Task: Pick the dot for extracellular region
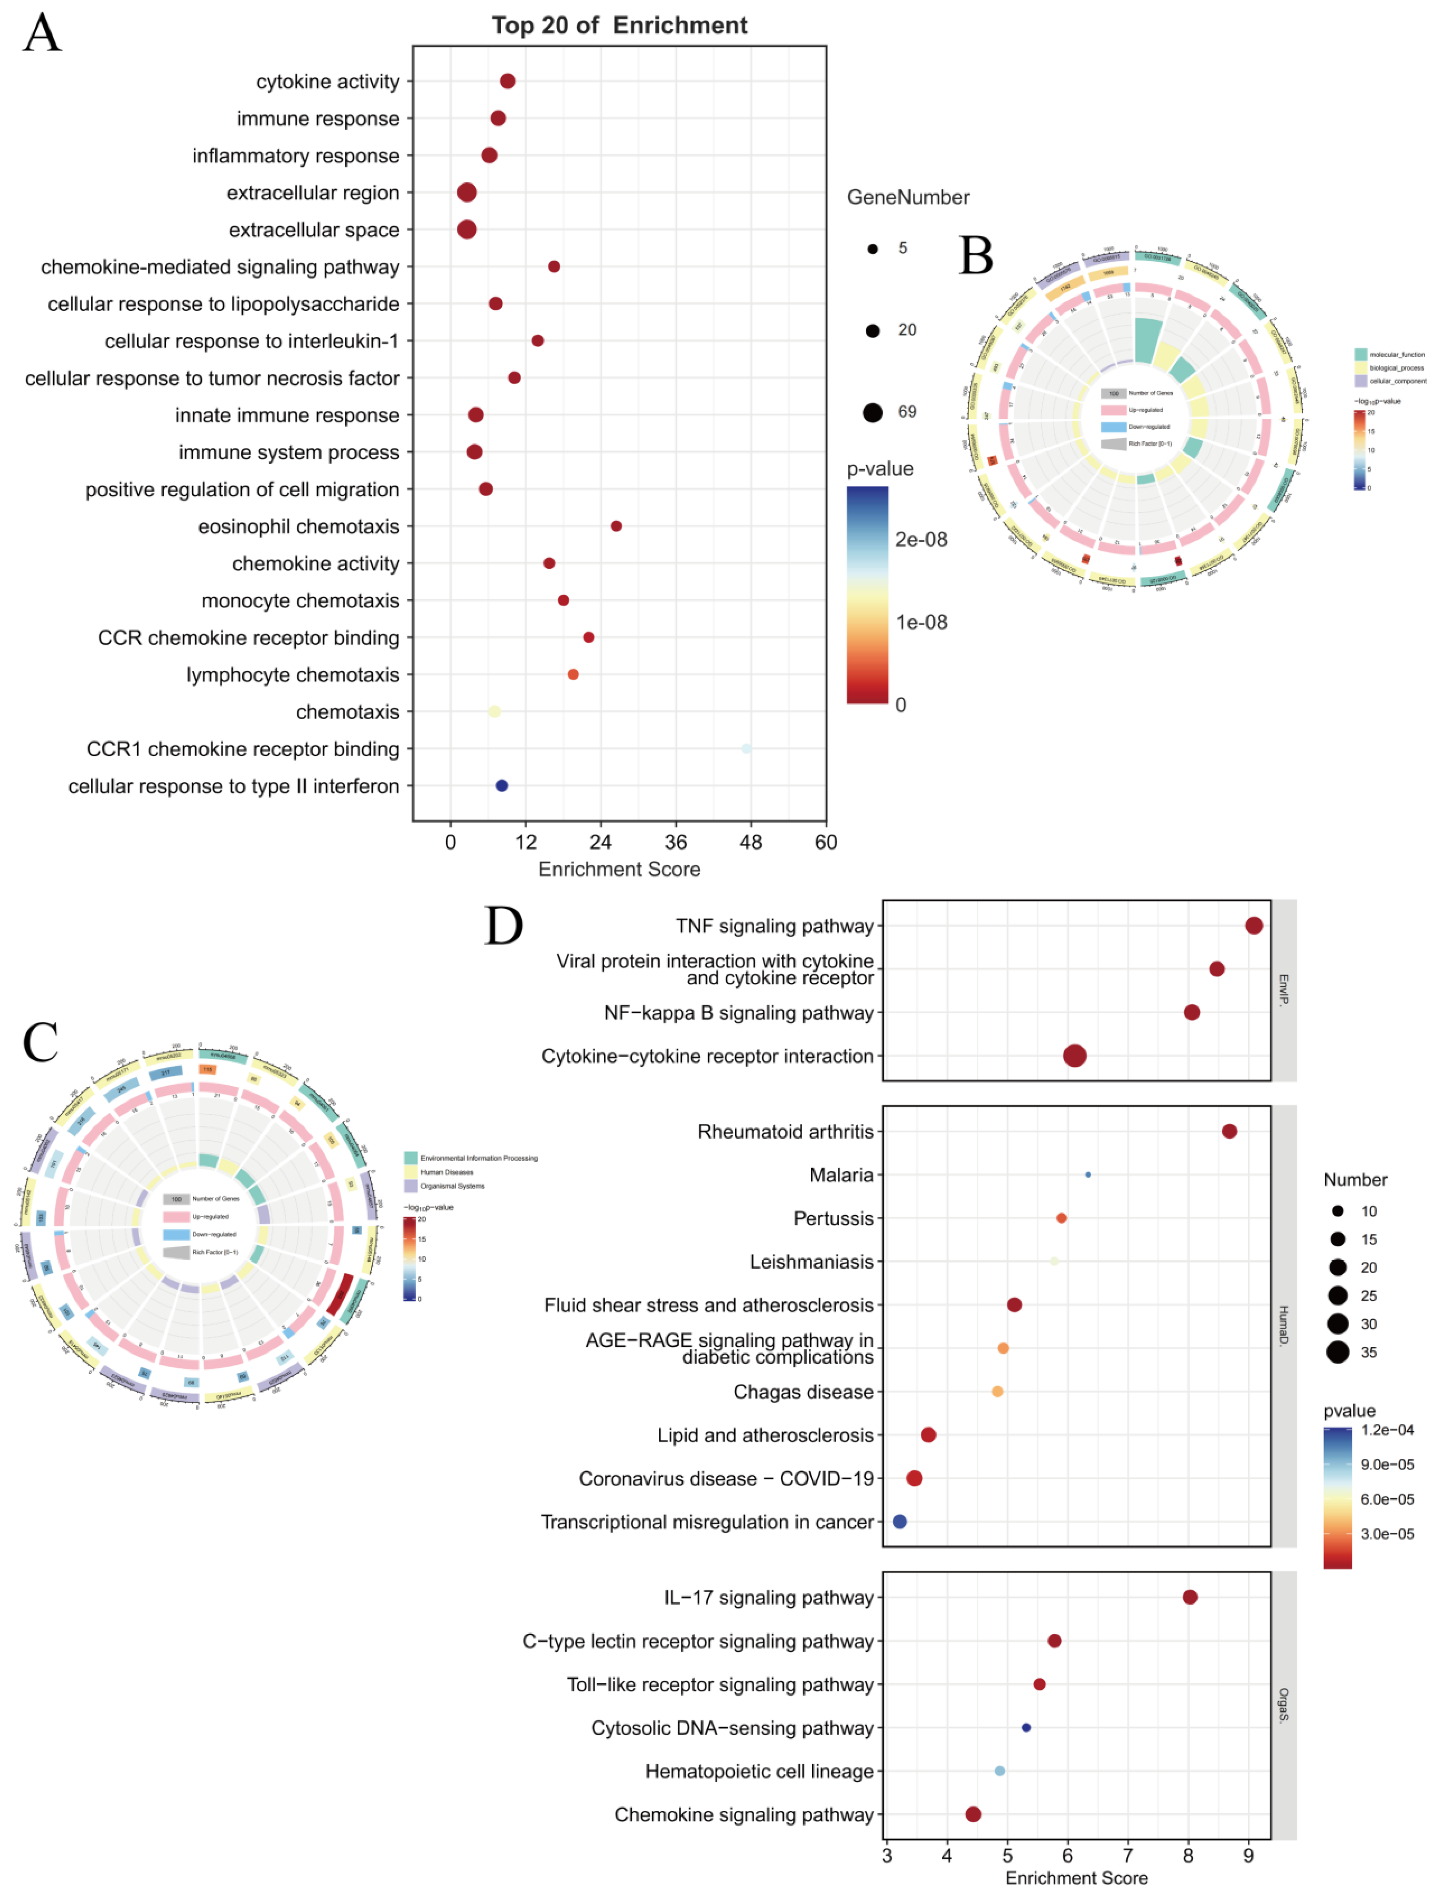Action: click(467, 192)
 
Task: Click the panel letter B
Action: click(976, 256)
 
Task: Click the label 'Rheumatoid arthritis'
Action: click(785, 1132)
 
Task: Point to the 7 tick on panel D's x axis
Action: click(1128, 1855)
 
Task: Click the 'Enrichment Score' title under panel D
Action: click(1076, 1878)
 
